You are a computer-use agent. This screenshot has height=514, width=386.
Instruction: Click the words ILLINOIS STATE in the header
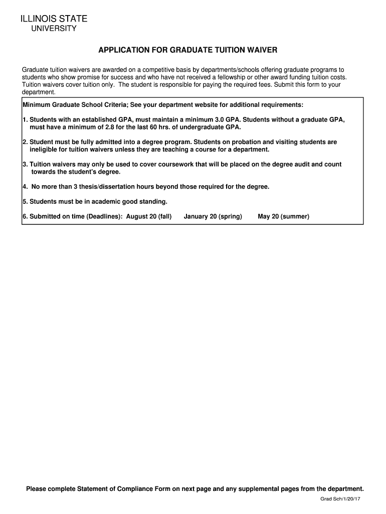pos(54,19)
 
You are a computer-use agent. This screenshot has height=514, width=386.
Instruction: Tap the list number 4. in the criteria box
pos(26,187)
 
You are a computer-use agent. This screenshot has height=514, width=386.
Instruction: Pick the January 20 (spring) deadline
pos(213,216)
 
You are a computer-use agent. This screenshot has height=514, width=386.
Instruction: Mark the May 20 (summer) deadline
pos(283,216)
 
